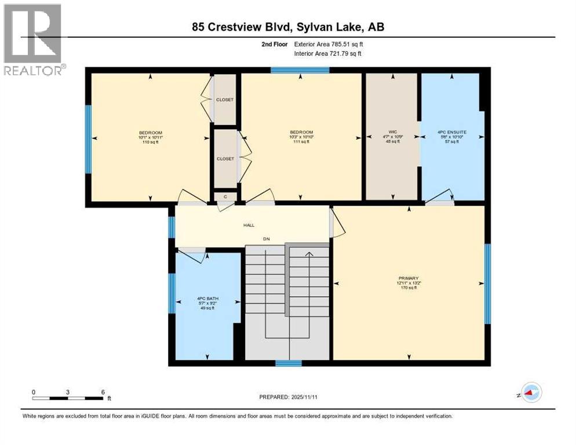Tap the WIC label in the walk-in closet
pyautogui.click(x=393, y=132)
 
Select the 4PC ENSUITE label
pyautogui.click(x=452, y=132)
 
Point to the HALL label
pyautogui.click(x=249, y=225)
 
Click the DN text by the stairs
pyautogui.click(x=266, y=239)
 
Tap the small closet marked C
pyautogui.click(x=224, y=197)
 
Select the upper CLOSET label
pyautogui.click(x=225, y=100)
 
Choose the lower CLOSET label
pyautogui.click(x=225, y=159)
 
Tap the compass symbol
pyautogui.click(x=530, y=393)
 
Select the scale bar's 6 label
pyautogui.click(x=103, y=392)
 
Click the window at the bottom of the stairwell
pyautogui.click(x=288, y=363)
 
